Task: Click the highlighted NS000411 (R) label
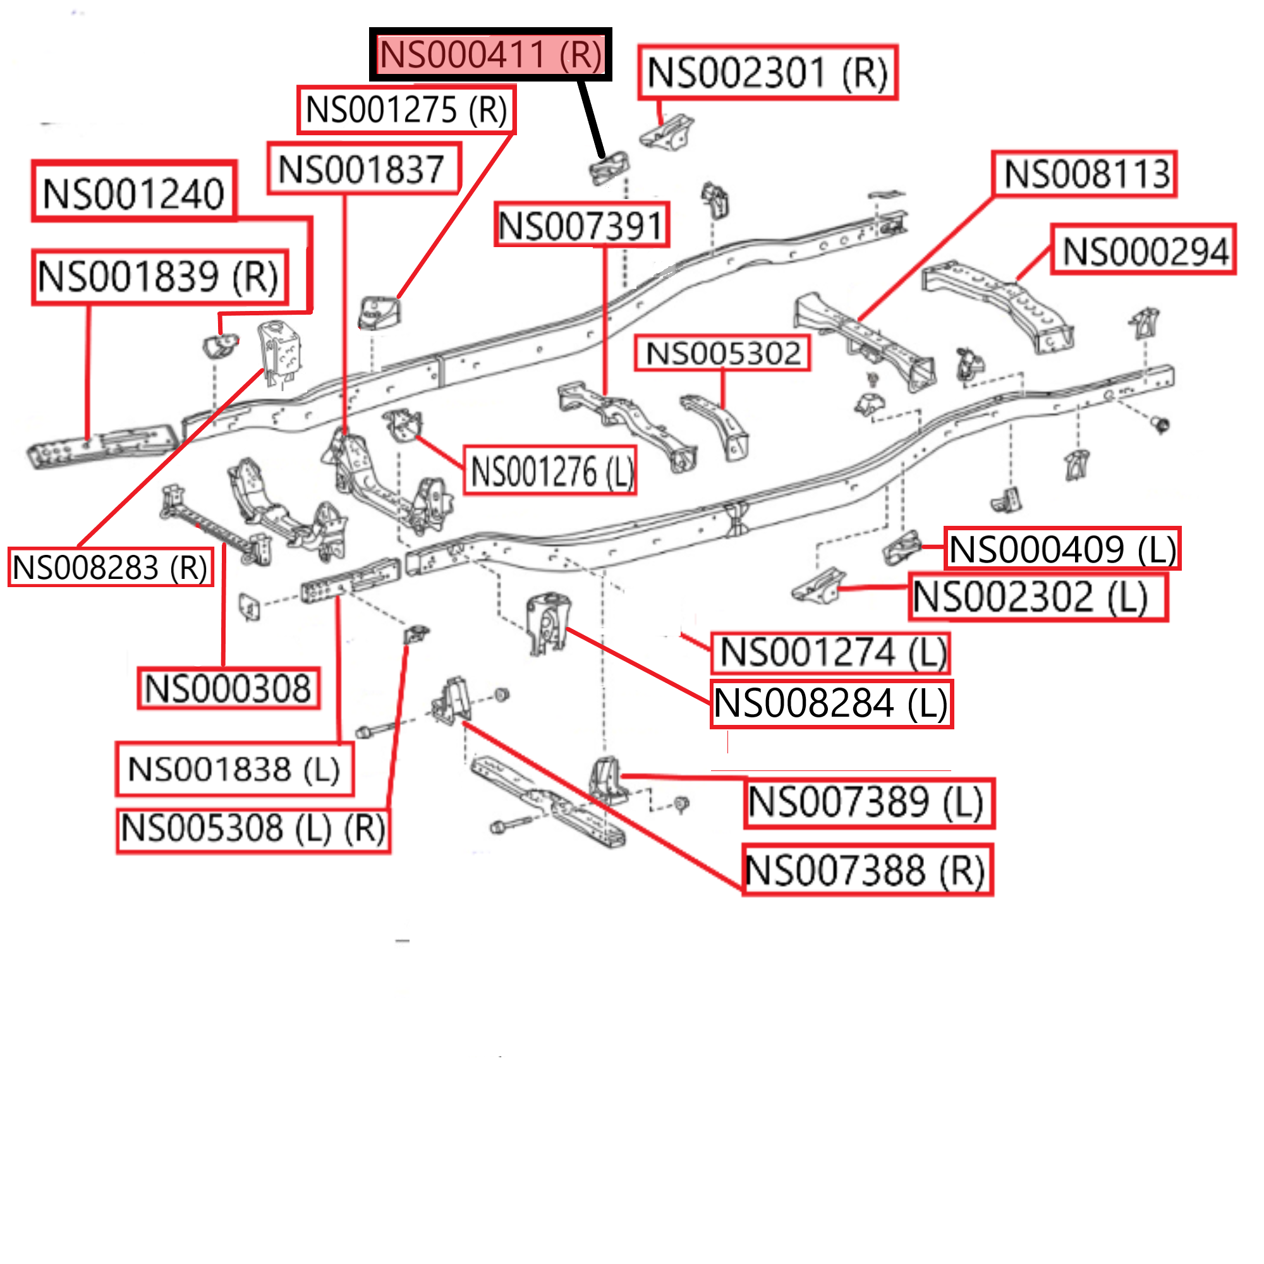(x=490, y=54)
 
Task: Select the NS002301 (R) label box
(x=767, y=73)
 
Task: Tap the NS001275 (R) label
(x=406, y=110)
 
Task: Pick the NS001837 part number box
(x=364, y=169)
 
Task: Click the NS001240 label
(x=134, y=191)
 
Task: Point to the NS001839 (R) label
(x=160, y=277)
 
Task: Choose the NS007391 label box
(x=581, y=225)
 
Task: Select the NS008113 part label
(x=1084, y=174)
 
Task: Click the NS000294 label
(x=1143, y=249)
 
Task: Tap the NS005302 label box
(x=722, y=353)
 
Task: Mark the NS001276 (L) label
(x=550, y=470)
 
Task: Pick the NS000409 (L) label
(x=1062, y=548)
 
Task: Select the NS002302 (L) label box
(x=1038, y=597)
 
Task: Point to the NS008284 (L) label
(x=832, y=703)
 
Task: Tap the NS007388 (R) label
(x=868, y=870)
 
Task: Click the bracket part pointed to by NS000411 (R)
(x=609, y=169)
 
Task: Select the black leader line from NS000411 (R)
(x=590, y=118)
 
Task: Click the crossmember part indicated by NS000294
(x=998, y=304)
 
